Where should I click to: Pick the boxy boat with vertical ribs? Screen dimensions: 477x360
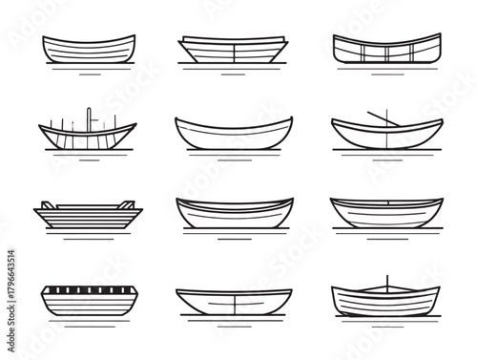(x=386, y=49)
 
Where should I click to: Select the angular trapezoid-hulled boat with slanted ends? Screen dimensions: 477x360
(x=234, y=48)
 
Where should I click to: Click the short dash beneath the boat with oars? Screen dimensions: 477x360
(x=386, y=159)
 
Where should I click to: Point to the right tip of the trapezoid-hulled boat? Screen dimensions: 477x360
(x=285, y=40)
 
